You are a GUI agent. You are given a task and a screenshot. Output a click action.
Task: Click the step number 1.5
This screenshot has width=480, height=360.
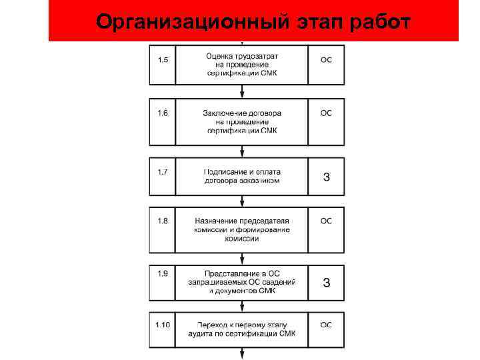click(x=163, y=60)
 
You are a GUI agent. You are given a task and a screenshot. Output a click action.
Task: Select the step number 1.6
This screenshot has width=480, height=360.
click(x=163, y=113)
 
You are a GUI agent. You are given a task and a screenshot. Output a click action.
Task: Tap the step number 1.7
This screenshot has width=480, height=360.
click(x=163, y=172)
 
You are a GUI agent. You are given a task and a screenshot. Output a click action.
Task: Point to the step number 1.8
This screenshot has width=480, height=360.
click(x=163, y=221)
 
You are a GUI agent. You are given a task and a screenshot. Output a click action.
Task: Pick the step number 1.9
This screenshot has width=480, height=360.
click(x=163, y=273)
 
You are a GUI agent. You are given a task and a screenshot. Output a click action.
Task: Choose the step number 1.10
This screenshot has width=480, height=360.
click(x=163, y=325)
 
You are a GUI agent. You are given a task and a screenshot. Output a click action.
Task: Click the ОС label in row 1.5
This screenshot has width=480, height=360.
click(x=326, y=60)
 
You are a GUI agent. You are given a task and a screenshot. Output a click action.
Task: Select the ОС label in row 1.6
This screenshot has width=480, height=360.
click(x=326, y=113)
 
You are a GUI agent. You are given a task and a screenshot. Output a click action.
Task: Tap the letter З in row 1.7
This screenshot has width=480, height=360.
click(x=326, y=177)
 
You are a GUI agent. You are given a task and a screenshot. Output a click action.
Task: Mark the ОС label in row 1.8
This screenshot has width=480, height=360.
click(x=326, y=221)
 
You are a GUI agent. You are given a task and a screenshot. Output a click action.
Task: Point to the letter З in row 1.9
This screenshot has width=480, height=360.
click(x=326, y=282)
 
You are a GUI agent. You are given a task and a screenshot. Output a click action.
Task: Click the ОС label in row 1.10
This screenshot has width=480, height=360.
click(x=326, y=325)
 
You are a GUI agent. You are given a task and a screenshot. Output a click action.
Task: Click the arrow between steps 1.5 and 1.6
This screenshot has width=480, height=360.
click(x=241, y=92)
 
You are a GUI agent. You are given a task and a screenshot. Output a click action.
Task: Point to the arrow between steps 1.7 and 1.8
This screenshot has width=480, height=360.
click(x=241, y=201)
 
